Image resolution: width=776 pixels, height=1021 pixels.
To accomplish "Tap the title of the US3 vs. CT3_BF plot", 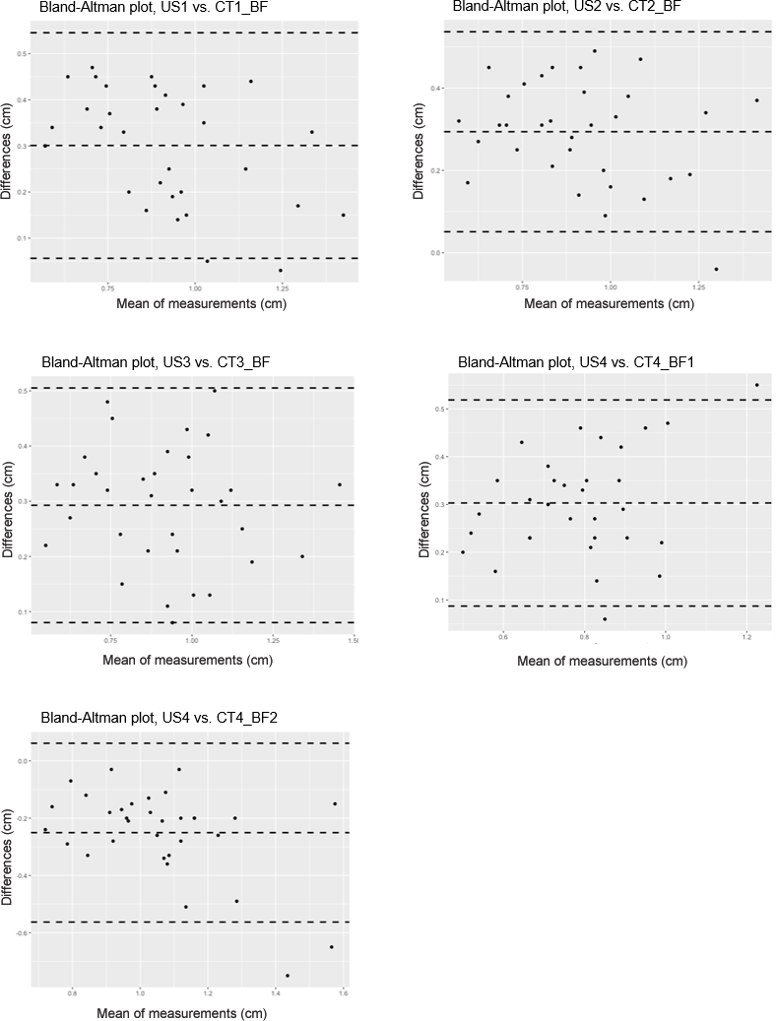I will (x=155, y=362).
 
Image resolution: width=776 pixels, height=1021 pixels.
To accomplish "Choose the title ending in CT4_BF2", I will (x=159, y=717).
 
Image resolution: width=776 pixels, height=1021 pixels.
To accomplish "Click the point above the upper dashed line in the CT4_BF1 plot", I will (x=756, y=385).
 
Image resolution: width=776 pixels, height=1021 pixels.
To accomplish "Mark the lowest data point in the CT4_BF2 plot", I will (x=288, y=976).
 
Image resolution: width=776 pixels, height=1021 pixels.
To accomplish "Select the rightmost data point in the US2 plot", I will (x=756, y=100).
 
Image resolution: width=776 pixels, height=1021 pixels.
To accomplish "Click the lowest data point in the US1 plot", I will (x=280, y=270).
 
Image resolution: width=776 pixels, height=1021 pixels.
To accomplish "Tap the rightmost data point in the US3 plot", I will (x=340, y=484).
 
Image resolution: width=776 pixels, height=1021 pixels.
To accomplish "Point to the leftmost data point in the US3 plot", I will (x=45, y=545).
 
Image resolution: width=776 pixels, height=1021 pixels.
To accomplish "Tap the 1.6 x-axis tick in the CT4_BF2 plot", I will (x=343, y=996).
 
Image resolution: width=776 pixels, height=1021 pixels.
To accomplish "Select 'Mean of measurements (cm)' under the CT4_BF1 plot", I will (x=602, y=661).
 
